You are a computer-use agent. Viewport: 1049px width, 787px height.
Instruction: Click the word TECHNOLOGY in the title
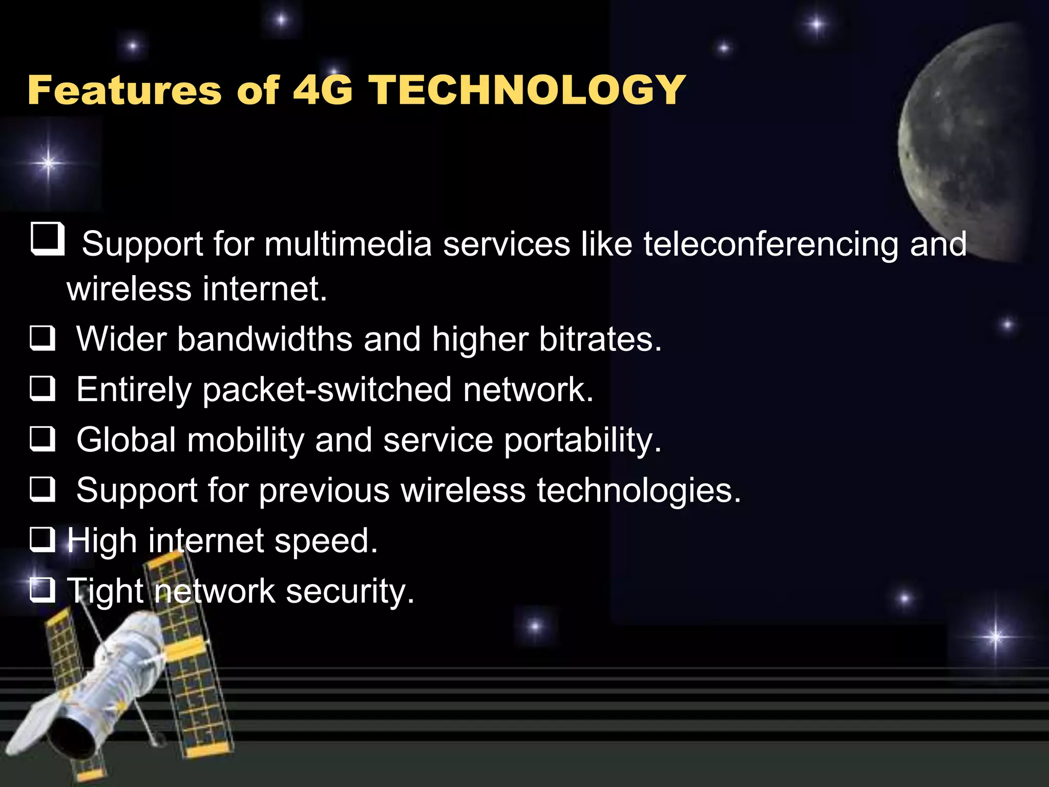click(x=528, y=90)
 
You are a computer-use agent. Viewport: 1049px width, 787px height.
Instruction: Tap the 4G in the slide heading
click(x=323, y=90)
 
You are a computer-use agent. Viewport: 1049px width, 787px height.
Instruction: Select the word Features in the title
click(x=124, y=90)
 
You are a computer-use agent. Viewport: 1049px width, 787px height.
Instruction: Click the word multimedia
click(x=348, y=244)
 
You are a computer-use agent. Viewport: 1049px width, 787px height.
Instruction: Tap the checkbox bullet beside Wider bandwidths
click(x=43, y=339)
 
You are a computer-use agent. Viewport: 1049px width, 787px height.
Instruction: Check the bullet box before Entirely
click(x=43, y=389)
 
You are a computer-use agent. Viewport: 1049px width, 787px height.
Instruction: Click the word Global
click(x=126, y=440)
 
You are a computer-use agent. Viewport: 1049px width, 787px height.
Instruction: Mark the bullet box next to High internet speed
click(x=43, y=540)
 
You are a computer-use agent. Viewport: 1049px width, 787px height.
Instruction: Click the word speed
click(x=326, y=542)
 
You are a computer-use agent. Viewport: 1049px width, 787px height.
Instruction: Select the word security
click(x=350, y=592)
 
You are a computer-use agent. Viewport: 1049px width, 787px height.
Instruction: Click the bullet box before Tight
click(x=43, y=590)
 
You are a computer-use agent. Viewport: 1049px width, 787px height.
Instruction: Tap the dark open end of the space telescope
click(x=72, y=738)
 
